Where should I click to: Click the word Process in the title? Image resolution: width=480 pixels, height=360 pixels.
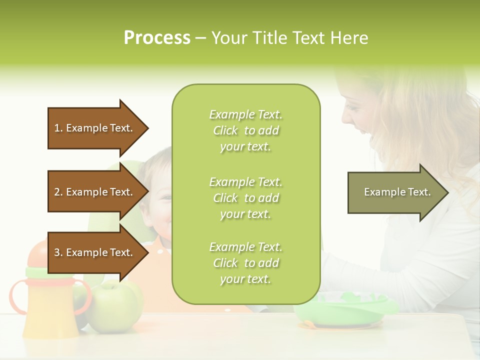157,38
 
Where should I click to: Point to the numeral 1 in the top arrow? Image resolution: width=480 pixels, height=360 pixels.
56,128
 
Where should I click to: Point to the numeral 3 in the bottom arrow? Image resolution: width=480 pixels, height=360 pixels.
57,252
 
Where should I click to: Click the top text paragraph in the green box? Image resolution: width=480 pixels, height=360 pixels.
245,130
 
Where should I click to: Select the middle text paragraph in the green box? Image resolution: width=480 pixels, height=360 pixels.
245,198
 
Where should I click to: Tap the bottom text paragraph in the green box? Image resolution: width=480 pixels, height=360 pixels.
245,263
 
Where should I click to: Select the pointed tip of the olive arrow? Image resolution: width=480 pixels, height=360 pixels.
447,192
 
